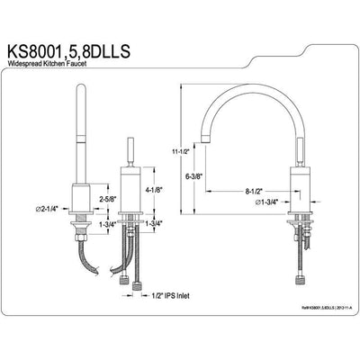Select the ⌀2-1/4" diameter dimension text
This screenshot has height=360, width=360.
pyautogui.click(x=47, y=209)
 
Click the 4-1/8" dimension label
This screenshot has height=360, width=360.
pyautogui.click(x=154, y=190)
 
